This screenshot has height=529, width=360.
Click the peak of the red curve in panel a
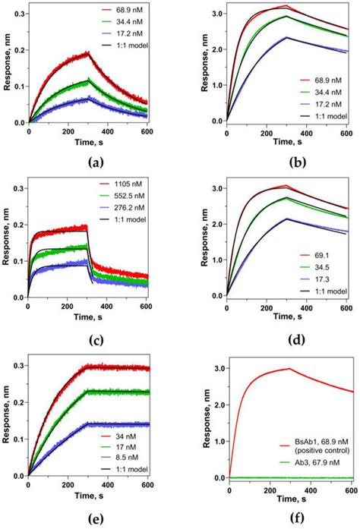click(x=89, y=52)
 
